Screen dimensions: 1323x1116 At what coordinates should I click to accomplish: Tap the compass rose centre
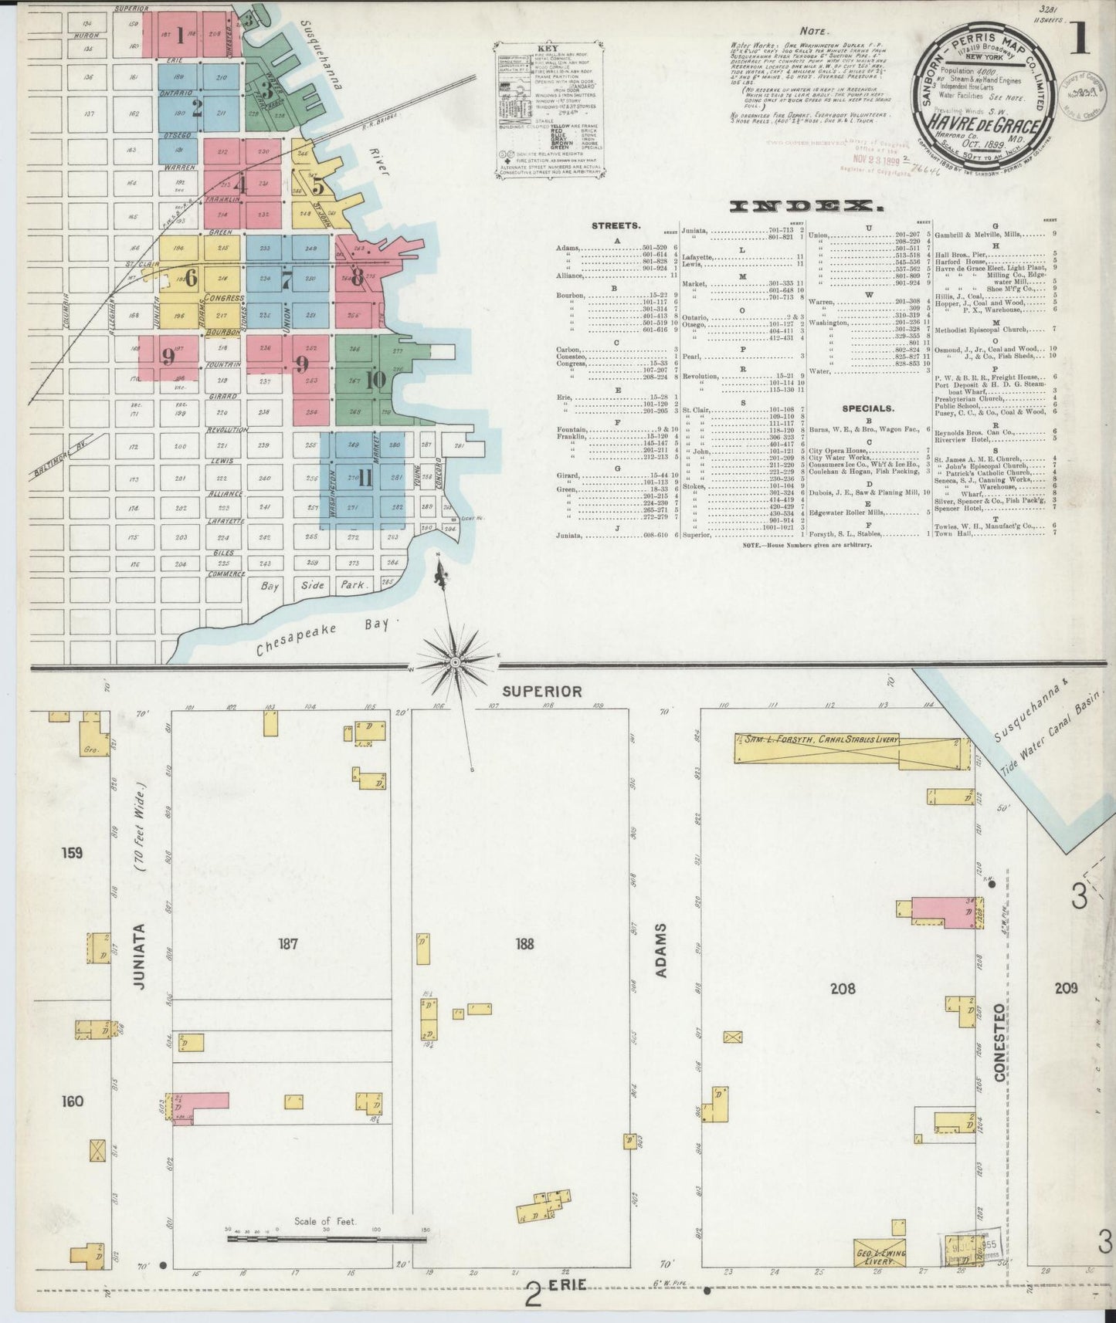(x=456, y=662)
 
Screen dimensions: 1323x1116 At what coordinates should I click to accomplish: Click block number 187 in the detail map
(x=288, y=943)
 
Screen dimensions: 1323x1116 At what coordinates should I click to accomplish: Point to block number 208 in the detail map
(x=842, y=987)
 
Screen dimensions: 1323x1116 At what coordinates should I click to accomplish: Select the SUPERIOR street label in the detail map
(x=541, y=692)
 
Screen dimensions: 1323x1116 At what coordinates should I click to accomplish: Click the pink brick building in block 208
(x=941, y=911)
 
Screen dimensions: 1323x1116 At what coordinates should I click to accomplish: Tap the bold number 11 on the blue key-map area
(x=365, y=479)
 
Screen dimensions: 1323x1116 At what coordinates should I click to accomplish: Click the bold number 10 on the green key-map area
(x=376, y=380)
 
